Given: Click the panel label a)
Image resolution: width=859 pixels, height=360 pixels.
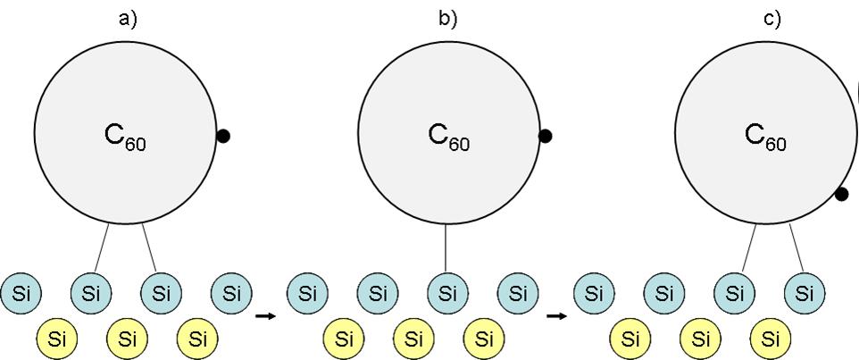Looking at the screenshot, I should click(128, 20).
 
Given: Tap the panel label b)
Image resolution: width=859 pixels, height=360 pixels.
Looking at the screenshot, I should click(447, 20).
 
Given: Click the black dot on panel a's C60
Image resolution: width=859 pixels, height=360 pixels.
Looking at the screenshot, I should click(223, 136).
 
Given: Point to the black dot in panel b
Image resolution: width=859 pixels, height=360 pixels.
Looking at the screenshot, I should click(546, 136).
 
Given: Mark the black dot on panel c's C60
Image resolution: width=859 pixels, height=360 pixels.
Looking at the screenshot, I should click(841, 194).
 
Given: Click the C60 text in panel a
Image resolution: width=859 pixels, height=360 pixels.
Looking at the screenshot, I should click(125, 136).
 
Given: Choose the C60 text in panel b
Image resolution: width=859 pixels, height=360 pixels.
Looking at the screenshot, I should click(448, 136).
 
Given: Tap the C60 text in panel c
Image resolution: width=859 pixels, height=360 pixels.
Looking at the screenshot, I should click(765, 136).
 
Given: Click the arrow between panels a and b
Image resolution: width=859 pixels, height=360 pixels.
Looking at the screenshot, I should click(265, 315).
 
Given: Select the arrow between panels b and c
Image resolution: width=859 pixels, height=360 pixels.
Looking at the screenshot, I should click(556, 315).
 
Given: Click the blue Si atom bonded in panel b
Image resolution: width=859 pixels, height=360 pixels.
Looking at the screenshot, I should click(448, 292).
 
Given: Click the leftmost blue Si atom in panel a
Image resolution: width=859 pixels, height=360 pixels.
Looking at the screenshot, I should click(21, 292).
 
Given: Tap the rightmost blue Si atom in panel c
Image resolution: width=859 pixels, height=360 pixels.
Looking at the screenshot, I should click(805, 292).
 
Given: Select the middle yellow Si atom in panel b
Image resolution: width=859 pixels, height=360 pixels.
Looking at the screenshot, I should click(413, 339).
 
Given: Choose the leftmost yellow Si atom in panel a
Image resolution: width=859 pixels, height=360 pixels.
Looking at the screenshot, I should click(57, 339).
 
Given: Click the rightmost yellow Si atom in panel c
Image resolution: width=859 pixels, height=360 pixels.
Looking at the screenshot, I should click(770, 339).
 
